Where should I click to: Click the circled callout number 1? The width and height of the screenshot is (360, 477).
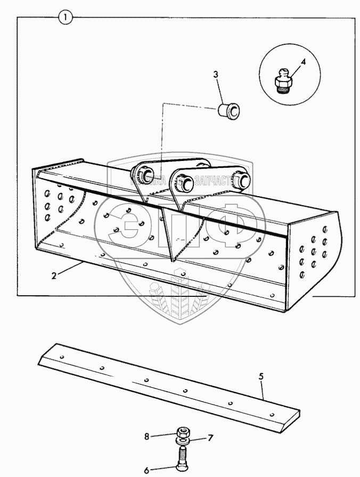[x=65, y=18]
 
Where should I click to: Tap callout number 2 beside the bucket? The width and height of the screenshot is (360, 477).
[x=54, y=276]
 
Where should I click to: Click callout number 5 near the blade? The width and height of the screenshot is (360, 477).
[x=261, y=377]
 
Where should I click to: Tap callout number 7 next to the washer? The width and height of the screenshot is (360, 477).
[x=210, y=438]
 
